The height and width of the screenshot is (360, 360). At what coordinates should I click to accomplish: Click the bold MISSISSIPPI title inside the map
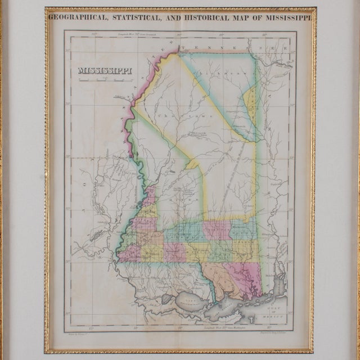pyautogui.click(x=105, y=71)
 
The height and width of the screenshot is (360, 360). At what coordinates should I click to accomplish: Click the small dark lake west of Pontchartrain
pyautogui.click(x=167, y=299)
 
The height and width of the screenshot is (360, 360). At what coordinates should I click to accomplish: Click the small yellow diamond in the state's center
pyautogui.click(x=193, y=164)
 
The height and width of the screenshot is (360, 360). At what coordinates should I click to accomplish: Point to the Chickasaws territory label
pyautogui.click(x=230, y=74)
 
